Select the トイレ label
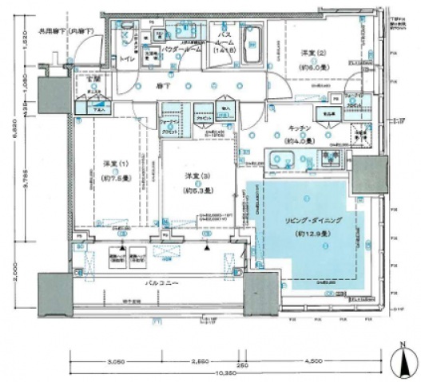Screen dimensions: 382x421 [125, 59]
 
